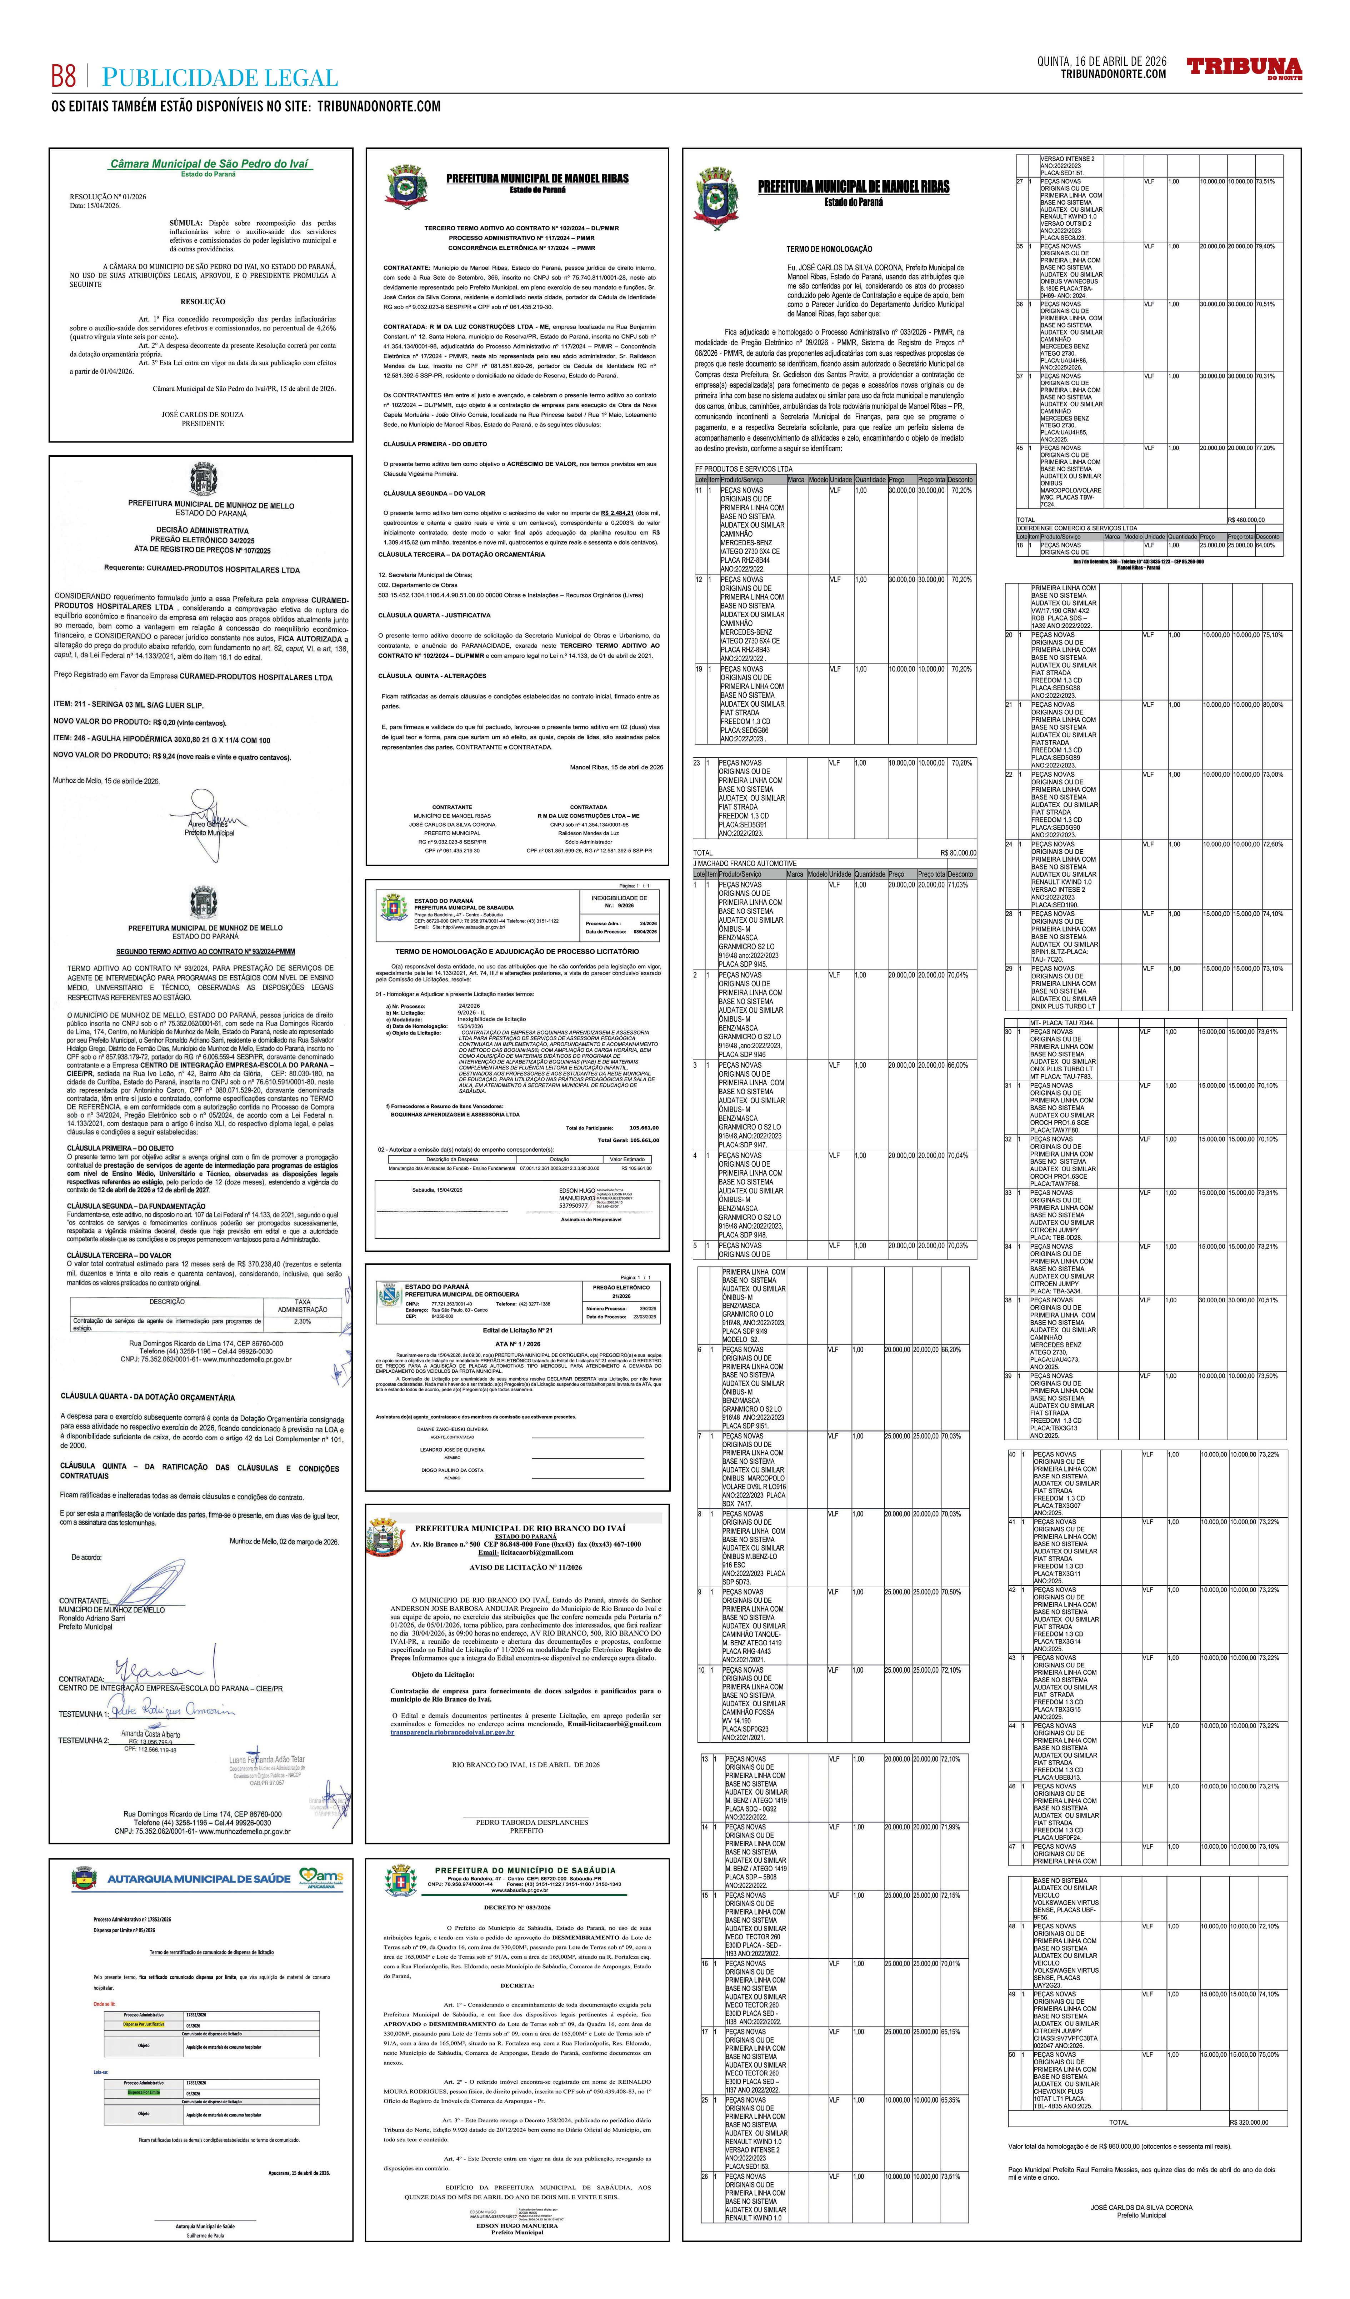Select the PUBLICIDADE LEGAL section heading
coord(220,79)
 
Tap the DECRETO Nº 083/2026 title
coord(517,1908)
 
